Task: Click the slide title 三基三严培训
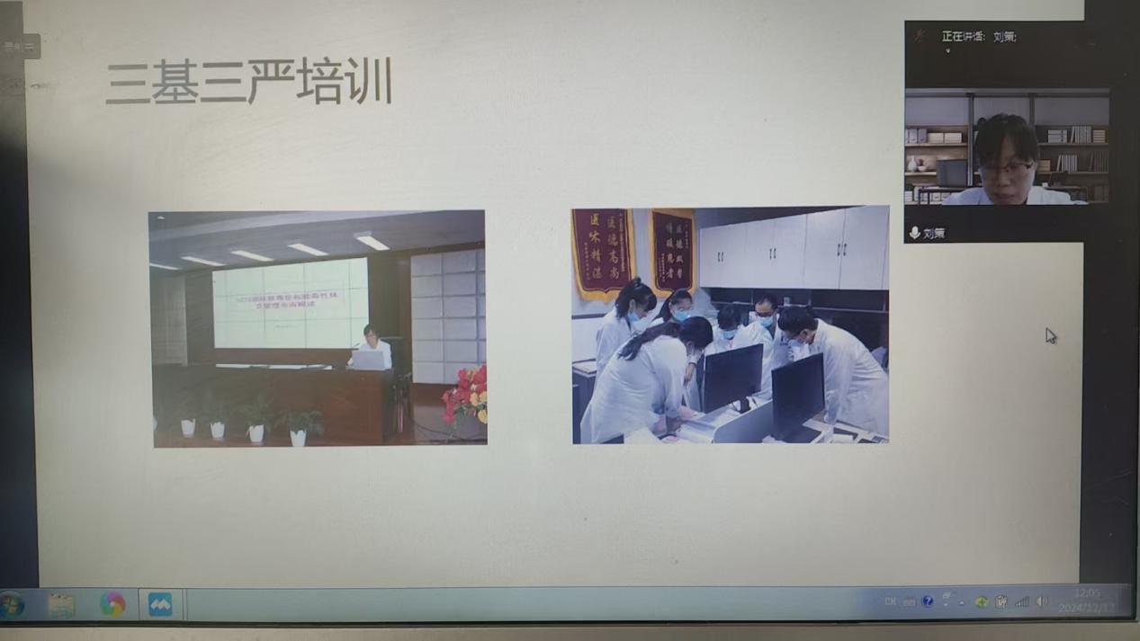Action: coord(248,83)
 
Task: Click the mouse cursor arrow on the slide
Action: coord(1050,335)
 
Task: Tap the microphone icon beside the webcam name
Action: coord(914,233)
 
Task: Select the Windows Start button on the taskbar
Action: coord(13,605)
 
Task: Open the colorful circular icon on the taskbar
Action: coord(112,605)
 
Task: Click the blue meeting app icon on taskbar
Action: coord(160,605)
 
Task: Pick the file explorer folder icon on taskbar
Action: coord(61,605)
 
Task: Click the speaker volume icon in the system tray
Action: coord(1042,601)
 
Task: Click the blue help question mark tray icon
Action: coord(928,601)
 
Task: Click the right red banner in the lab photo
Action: coord(672,251)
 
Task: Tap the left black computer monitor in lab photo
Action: coord(731,377)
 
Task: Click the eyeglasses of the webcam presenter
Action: coord(1006,168)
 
